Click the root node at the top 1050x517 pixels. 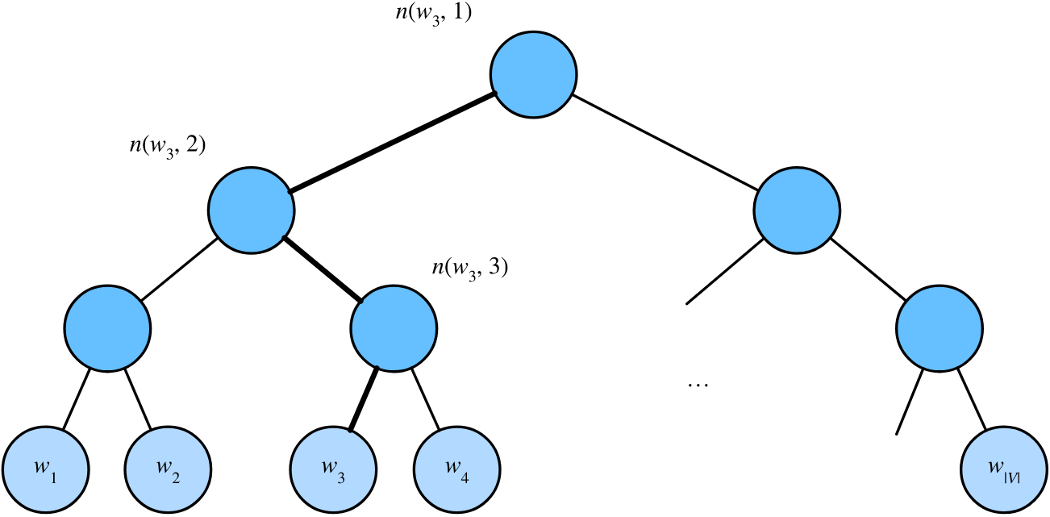pyautogui.click(x=533, y=75)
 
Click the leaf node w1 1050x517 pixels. pyautogui.click(x=45, y=469)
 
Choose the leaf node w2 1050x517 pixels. pyautogui.click(x=169, y=469)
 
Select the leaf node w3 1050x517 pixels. pyautogui.click(x=333, y=469)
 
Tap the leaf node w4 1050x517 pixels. pyautogui.click(x=456, y=469)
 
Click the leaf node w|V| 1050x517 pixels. pyautogui.click(x=1003, y=469)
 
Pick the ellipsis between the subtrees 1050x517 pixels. pyautogui.click(x=697, y=385)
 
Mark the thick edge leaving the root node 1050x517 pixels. pyautogui.click(x=393, y=143)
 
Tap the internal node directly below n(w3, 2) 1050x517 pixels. pyautogui.click(x=251, y=208)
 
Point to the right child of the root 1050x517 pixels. pyautogui.click(x=796, y=208)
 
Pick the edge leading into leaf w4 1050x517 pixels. pyautogui.click(x=425, y=399)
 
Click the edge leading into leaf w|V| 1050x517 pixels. pyautogui.click(x=971, y=399)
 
